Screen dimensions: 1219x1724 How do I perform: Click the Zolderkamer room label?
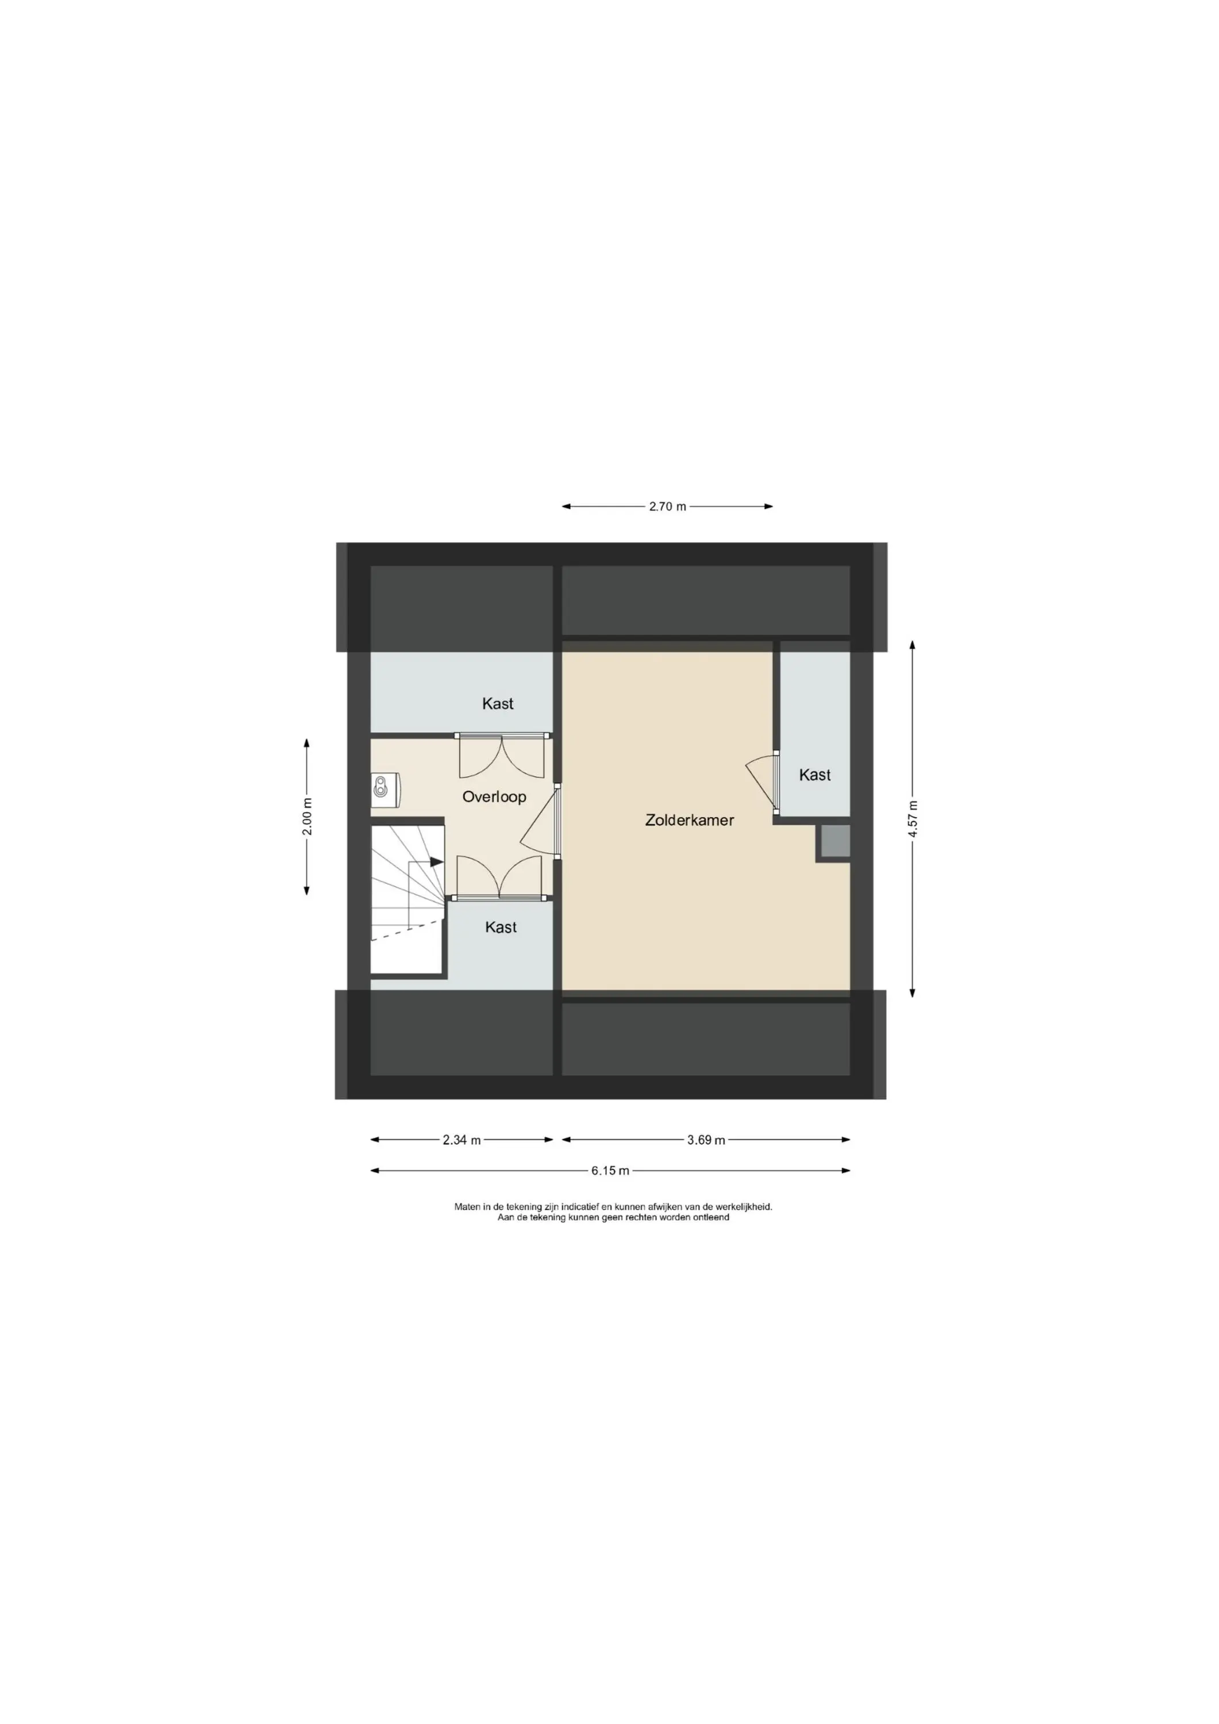click(689, 820)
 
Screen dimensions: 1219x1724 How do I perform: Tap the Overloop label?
click(494, 796)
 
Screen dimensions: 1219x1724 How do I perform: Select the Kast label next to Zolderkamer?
click(814, 774)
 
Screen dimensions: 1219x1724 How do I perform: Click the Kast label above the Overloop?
click(497, 703)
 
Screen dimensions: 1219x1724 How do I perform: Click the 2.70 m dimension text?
click(667, 506)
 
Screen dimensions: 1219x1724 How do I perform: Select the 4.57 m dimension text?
click(913, 819)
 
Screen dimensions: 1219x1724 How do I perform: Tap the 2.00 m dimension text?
click(307, 815)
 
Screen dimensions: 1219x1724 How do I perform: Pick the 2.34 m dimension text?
click(461, 1140)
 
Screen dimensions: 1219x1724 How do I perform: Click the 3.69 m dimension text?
click(706, 1140)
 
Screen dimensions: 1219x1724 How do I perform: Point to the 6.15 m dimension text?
click(610, 1170)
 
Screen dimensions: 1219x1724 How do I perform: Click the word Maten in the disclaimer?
click(467, 1207)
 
